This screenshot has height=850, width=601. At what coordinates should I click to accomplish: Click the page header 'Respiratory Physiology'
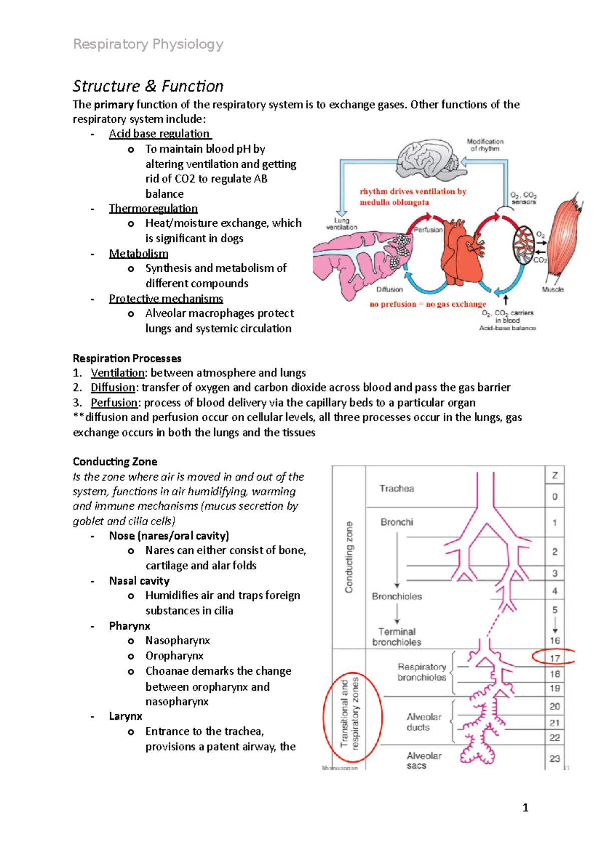tap(148, 45)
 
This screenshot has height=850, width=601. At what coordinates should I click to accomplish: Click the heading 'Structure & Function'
tap(148, 86)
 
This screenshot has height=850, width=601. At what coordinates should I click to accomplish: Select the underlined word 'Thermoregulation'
tap(153, 208)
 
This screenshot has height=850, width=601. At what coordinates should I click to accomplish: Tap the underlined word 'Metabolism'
tap(139, 253)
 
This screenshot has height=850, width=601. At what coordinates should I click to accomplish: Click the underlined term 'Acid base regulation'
tap(160, 134)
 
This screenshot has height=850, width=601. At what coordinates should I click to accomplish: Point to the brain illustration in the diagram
tap(428, 159)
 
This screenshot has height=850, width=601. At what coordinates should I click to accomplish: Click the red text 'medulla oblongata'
tap(394, 202)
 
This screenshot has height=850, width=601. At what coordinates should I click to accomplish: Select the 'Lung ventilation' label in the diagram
tap(342, 224)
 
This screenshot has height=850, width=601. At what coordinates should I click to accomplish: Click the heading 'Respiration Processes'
tap(127, 358)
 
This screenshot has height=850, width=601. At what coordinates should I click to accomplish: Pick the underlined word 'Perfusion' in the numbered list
tap(114, 402)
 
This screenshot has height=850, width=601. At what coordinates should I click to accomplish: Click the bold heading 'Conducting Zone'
tap(115, 462)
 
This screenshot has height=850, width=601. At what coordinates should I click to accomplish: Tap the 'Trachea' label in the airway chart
tap(397, 489)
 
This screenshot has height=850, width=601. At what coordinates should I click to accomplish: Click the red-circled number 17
tap(554, 658)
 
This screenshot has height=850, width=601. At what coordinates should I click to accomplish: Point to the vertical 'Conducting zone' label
tap(349, 557)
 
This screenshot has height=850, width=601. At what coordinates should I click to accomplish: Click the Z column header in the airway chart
tap(554, 476)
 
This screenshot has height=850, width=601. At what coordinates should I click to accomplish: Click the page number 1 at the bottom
tap(525, 807)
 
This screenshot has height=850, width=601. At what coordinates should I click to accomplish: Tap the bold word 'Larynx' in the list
tap(126, 716)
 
